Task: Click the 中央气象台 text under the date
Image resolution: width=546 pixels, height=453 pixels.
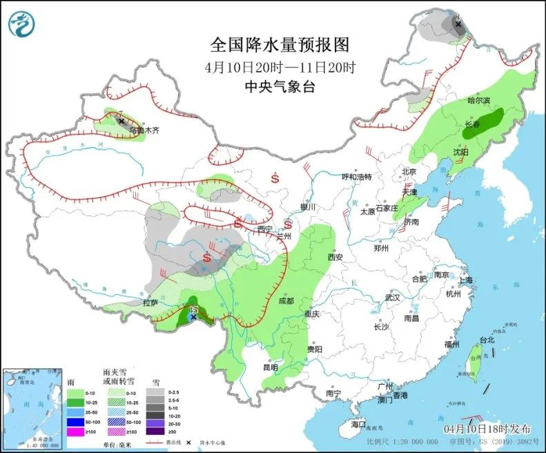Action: pos(280,86)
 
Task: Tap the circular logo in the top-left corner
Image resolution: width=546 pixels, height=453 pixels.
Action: pos(21,23)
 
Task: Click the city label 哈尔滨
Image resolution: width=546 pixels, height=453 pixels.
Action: pos(478,100)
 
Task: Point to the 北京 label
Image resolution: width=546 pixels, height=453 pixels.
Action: pos(409,171)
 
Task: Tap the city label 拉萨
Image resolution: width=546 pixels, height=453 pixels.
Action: pos(150,302)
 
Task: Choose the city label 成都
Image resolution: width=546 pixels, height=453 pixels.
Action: pos(286,301)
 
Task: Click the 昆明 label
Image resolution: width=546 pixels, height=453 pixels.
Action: pos(270,367)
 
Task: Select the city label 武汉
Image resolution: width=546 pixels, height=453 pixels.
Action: pos(393,297)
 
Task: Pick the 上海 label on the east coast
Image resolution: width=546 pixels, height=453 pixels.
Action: pos(465,280)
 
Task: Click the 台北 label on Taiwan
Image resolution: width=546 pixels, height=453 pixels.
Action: pos(487,340)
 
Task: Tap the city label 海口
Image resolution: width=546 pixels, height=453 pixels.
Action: pos(358,424)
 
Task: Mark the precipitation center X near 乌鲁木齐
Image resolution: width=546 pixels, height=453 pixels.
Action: pos(121,121)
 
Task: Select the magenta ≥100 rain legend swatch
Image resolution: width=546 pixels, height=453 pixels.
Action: pos(77,432)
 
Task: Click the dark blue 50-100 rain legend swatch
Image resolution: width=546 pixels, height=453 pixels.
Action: pos(77,421)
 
